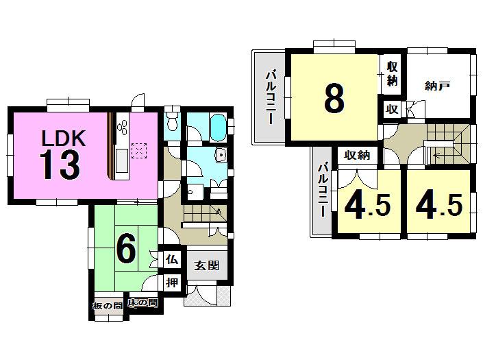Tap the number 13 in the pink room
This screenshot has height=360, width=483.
pyautogui.click(x=60, y=165)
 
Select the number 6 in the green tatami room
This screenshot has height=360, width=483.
pyautogui.click(x=125, y=250)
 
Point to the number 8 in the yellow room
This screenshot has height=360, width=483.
pyautogui.click(x=334, y=99)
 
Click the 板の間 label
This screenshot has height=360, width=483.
pyautogui.click(x=108, y=304)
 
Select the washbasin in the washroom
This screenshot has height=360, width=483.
pyautogui.click(x=219, y=155)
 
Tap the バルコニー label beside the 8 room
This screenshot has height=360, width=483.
pyautogui.click(x=271, y=96)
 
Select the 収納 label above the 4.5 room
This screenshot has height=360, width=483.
pyautogui.click(x=357, y=156)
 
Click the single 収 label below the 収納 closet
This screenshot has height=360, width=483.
pyautogui.click(x=392, y=108)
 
